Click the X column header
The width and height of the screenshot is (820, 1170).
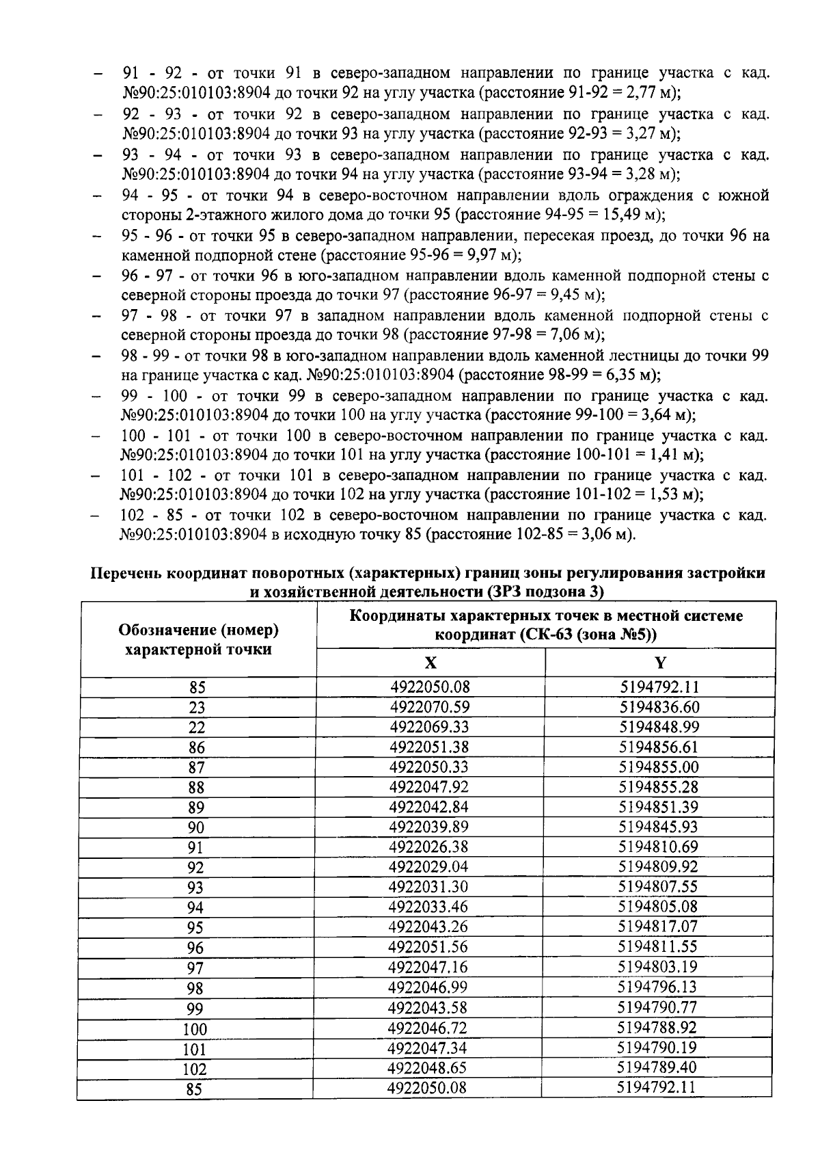coord(430,663)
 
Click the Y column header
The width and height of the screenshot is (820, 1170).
coord(659,663)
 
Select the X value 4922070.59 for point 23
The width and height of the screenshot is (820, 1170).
coord(429,707)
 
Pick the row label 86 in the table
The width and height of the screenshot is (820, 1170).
coord(196,748)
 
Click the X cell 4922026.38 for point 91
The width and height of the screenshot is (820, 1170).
coord(428,847)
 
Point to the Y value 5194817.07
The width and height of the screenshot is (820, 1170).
coord(658,928)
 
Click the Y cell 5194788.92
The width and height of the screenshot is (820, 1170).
coord(657,1028)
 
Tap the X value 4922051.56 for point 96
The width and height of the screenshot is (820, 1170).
coord(428,948)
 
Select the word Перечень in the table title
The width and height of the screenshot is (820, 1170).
coord(127,573)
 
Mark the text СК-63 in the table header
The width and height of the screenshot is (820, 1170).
coord(545,635)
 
